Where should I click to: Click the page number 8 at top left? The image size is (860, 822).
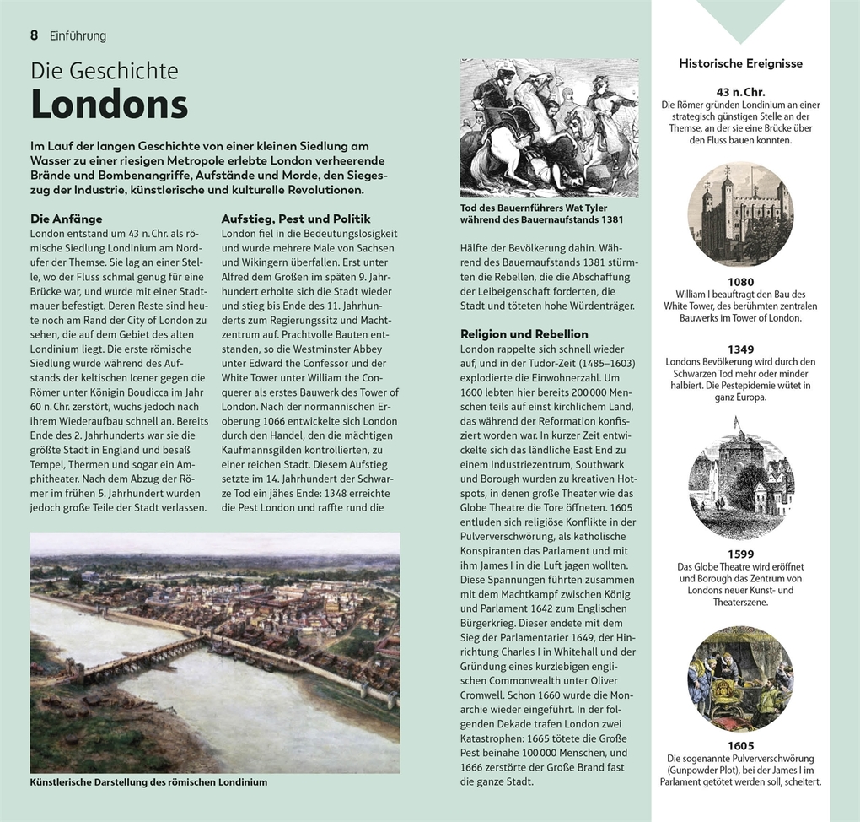point(35,35)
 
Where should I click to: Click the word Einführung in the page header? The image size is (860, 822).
point(78,35)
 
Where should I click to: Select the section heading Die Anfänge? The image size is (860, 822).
point(67,218)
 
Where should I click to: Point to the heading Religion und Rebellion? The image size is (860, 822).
point(524,333)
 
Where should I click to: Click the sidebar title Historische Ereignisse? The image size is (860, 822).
point(740,63)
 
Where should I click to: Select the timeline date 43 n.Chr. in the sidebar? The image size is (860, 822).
point(740,91)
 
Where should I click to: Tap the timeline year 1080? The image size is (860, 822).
point(740,282)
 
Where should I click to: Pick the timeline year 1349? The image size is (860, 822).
point(740,348)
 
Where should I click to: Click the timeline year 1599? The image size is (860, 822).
point(740,554)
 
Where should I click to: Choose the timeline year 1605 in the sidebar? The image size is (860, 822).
point(740,745)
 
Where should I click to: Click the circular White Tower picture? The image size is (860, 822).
point(740,214)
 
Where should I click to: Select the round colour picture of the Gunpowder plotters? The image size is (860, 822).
point(740,678)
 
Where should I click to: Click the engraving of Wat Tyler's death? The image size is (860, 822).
point(549,127)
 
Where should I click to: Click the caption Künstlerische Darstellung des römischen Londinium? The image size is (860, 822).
point(148,782)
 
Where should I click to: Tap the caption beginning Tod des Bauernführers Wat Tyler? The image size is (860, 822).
point(534,208)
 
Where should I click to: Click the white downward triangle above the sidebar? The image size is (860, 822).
point(740,19)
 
